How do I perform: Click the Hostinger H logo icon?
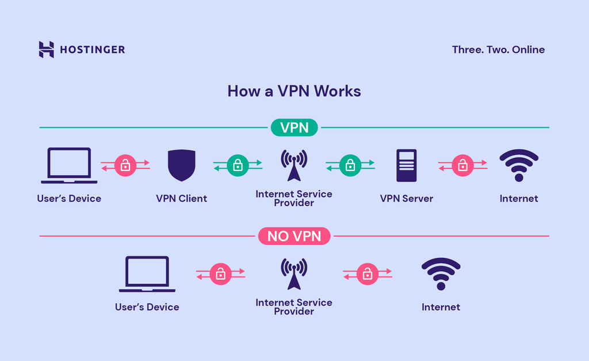[46, 50]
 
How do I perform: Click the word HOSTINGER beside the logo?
[92, 50]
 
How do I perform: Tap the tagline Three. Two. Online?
[498, 50]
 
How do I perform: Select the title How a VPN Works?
[294, 91]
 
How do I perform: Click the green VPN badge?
[294, 127]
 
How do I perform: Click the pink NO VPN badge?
[294, 236]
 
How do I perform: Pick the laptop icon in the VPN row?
[69, 166]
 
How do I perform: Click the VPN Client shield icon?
[181, 166]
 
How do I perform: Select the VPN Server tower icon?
[406, 166]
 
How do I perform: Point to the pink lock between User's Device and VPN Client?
[125, 166]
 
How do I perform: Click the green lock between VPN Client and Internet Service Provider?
[238, 166]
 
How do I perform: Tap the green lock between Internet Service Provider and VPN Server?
[350, 166]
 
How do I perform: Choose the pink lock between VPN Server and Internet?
[462, 166]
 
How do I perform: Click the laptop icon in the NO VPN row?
[147, 274]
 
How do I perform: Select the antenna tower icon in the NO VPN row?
[294, 273]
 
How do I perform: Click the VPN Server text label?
[406, 199]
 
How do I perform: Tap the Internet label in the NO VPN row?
[441, 307]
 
